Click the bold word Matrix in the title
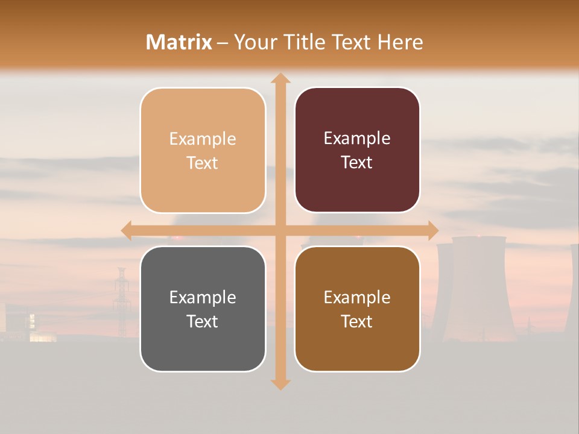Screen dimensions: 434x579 click(179, 42)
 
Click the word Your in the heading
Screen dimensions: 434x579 click(253, 42)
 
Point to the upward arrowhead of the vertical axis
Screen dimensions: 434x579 click(280, 78)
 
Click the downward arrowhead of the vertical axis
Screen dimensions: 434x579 click(280, 384)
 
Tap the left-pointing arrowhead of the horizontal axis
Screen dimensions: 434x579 click(127, 230)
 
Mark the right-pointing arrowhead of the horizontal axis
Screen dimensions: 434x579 click(432, 230)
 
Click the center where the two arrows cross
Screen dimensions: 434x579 click(280, 230)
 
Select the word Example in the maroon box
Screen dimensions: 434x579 click(357, 139)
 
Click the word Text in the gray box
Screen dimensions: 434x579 click(203, 321)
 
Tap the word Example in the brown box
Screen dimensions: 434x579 click(357, 297)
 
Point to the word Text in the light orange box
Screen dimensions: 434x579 click(203, 163)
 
